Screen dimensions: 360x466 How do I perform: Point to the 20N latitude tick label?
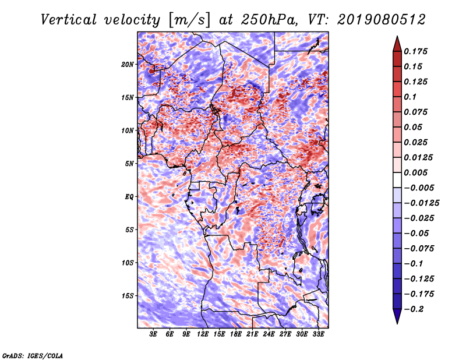(128, 64)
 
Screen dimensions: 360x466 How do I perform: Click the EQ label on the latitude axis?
(129, 196)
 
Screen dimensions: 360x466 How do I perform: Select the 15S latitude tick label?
(128, 295)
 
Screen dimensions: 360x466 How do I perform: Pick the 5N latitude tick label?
(130, 163)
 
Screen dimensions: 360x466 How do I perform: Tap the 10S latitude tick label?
(128, 262)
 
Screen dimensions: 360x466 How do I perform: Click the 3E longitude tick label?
(154, 334)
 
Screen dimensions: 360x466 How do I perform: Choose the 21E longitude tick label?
(252, 334)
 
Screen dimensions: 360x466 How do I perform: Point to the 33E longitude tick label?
(318, 334)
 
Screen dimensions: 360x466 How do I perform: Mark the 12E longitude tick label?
(203, 334)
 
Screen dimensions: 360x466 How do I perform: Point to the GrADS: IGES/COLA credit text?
(33, 355)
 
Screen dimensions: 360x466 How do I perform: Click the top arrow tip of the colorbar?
(397, 38)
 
